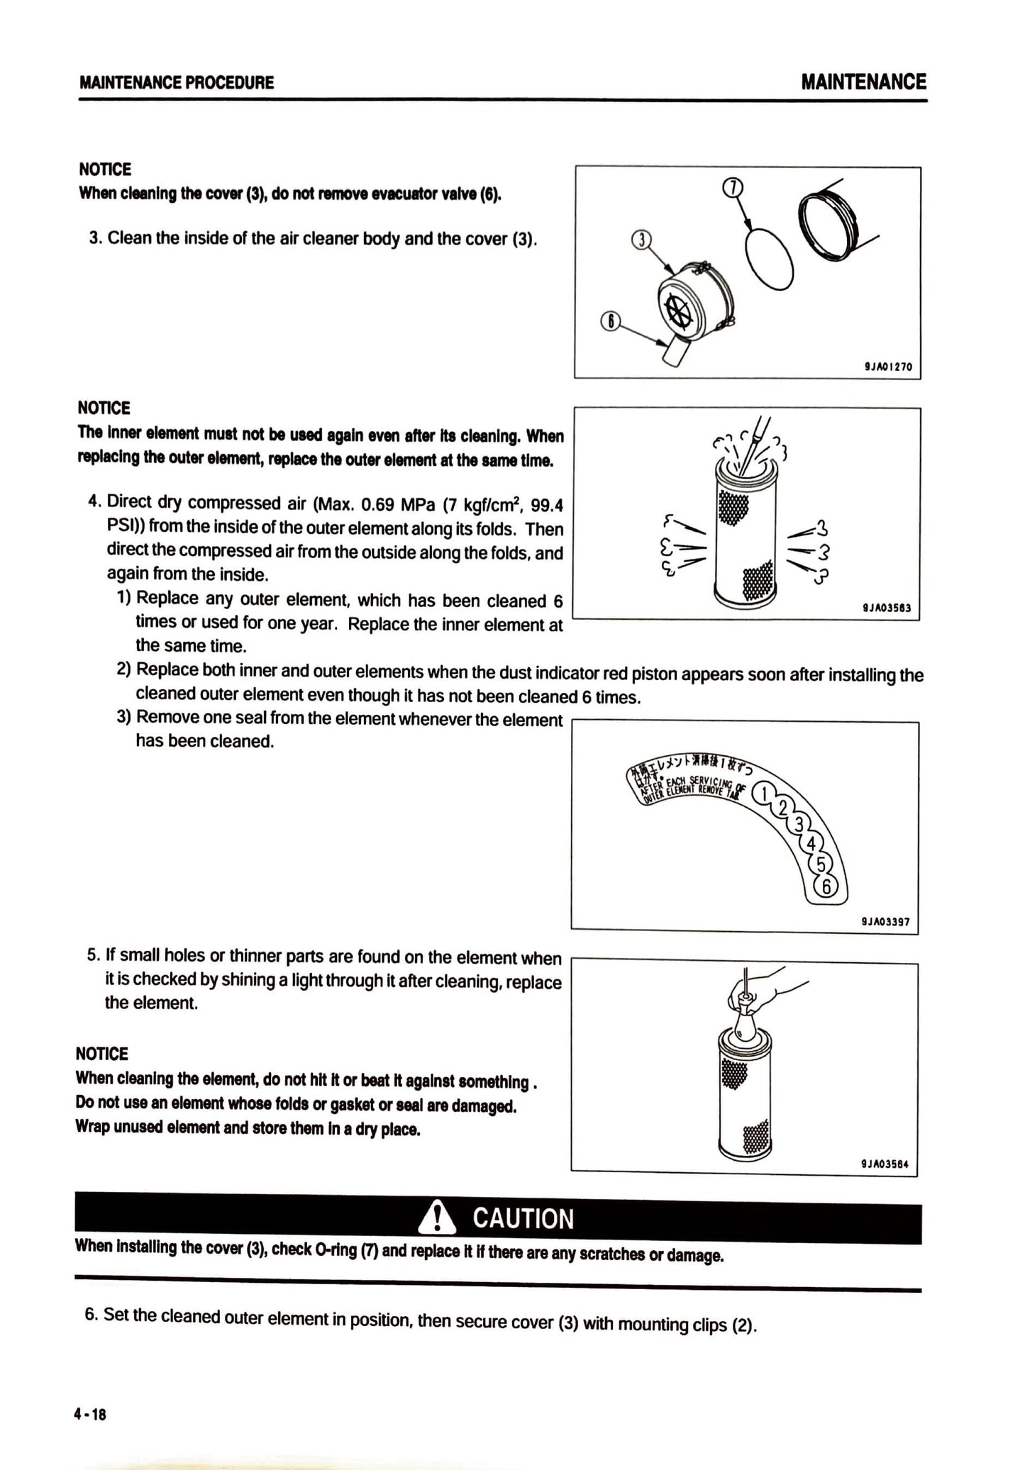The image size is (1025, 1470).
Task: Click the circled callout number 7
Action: coord(733,187)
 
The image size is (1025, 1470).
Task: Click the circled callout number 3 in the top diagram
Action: coord(640,239)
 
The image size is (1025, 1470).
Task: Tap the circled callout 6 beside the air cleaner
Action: coord(609,321)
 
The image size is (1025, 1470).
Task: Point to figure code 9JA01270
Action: coord(887,367)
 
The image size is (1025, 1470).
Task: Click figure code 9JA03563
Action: coord(887,608)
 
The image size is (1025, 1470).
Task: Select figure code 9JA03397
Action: coord(885,922)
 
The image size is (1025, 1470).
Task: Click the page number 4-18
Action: coord(90,1414)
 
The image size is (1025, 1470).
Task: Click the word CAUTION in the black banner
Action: coord(523,1218)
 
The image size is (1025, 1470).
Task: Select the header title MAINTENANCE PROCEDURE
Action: coord(177,82)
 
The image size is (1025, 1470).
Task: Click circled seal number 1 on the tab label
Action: coord(763,793)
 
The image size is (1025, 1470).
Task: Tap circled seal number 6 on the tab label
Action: coord(826,886)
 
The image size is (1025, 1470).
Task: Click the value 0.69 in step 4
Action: coord(378,504)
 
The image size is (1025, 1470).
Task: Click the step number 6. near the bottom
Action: coord(92,1314)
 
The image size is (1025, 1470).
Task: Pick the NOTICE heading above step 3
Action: coord(105,169)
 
